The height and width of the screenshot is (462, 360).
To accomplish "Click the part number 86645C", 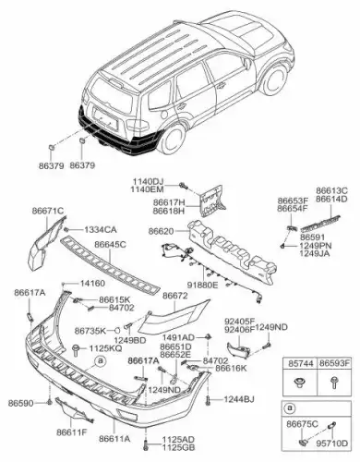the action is [x=110, y=245].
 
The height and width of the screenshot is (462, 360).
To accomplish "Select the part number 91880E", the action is [x=204, y=286].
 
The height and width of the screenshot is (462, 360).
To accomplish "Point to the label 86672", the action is [x=174, y=296].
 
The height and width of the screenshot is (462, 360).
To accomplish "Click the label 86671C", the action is [x=48, y=211].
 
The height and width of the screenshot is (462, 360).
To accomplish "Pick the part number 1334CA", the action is [x=101, y=230].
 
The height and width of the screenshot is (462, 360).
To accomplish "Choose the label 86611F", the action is [x=72, y=432].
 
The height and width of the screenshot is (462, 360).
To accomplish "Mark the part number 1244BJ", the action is [x=239, y=400].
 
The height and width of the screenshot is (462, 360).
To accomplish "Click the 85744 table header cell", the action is [x=300, y=363].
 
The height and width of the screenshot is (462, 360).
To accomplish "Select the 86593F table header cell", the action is [x=334, y=363].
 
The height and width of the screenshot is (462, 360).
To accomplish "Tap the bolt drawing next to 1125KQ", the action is [x=76, y=350].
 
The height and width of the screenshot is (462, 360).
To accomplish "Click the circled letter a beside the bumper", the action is [x=100, y=360].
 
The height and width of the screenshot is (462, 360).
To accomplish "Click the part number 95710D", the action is [x=332, y=444].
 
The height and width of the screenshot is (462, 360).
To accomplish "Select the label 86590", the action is [x=20, y=403].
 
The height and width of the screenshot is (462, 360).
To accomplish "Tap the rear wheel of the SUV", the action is [x=173, y=140].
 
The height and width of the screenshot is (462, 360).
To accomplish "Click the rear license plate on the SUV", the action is [x=106, y=120].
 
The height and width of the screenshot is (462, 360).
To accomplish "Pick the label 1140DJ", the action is [x=149, y=182].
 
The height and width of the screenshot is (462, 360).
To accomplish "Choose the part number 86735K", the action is [x=90, y=331].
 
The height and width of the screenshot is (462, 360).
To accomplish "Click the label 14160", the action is [x=92, y=283].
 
